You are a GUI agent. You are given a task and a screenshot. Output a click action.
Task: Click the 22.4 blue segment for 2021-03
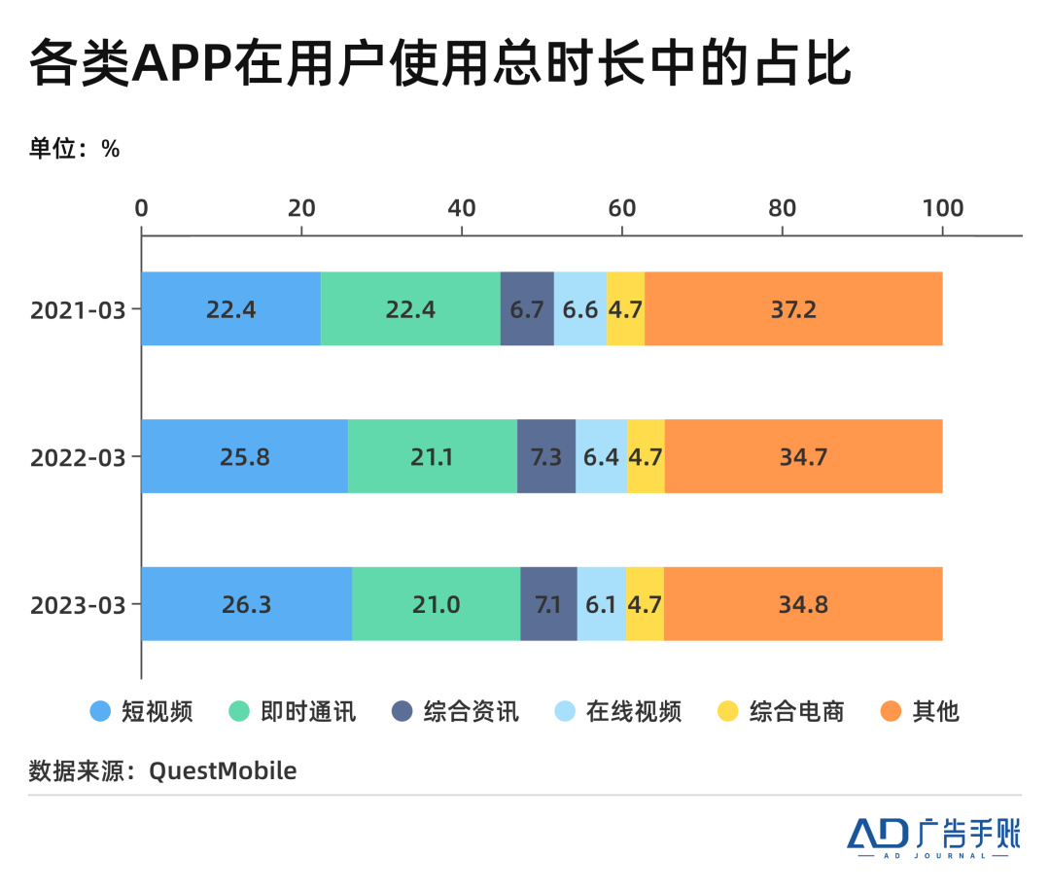click(x=231, y=308)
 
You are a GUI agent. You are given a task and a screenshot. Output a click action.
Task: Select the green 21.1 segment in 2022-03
click(x=433, y=456)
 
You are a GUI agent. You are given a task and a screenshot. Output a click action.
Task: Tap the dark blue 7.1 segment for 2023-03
click(x=548, y=603)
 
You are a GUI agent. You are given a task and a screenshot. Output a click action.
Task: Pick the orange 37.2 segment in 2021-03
click(x=793, y=308)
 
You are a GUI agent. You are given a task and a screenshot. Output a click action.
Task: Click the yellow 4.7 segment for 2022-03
click(x=646, y=456)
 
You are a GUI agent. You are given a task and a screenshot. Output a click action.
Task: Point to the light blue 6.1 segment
click(x=602, y=603)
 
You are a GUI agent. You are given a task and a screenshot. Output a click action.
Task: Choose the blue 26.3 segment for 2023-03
click(x=246, y=603)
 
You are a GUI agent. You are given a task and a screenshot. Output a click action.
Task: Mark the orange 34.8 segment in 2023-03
click(x=803, y=603)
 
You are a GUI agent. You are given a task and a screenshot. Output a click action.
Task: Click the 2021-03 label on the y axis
click(x=78, y=310)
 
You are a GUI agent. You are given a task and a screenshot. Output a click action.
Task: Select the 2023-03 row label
click(x=78, y=605)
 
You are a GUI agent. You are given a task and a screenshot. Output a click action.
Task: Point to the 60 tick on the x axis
click(x=622, y=208)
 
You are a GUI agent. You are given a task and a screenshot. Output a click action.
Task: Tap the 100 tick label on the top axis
click(x=943, y=208)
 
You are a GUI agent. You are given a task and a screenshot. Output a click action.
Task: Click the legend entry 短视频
click(x=141, y=711)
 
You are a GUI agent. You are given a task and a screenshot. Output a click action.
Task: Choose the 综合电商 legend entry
click(x=781, y=711)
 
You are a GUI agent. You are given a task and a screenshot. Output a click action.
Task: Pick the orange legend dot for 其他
click(x=891, y=711)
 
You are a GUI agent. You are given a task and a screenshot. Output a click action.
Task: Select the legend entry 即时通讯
click(x=292, y=711)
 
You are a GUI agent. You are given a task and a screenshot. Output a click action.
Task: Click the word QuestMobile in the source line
click(x=223, y=770)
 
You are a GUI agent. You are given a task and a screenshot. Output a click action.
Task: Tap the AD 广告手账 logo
click(x=933, y=838)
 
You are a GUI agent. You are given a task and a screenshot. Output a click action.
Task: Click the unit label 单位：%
click(x=74, y=148)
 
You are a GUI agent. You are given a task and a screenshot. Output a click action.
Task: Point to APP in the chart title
click(x=182, y=63)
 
